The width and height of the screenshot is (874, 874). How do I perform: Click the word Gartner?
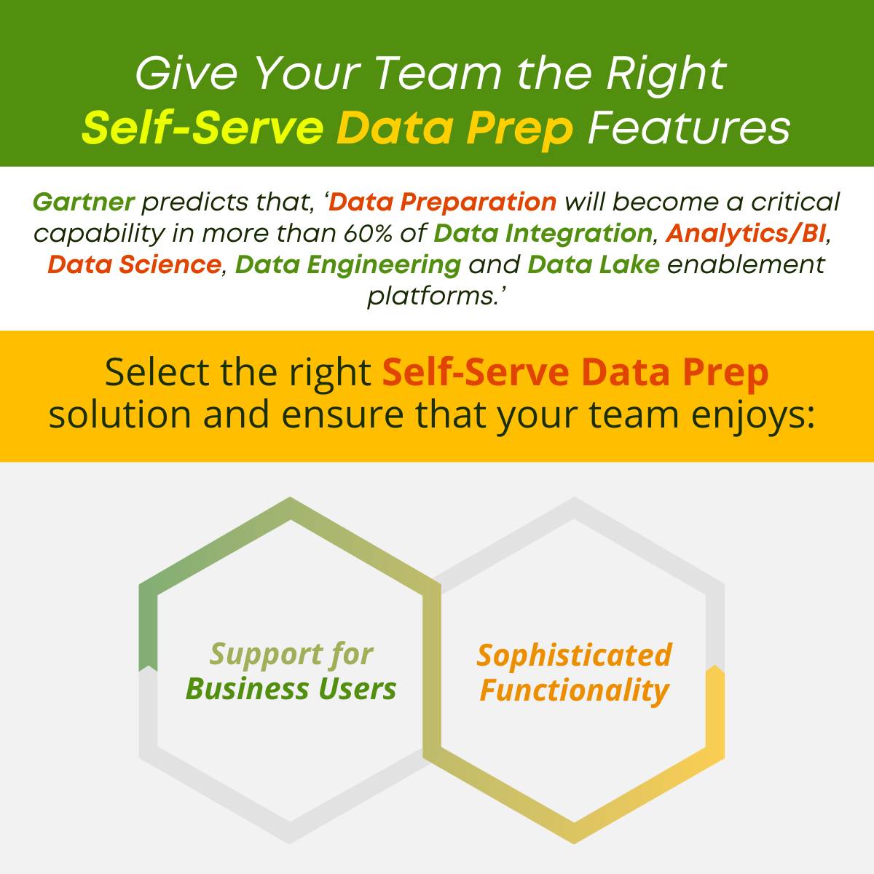tap(84, 202)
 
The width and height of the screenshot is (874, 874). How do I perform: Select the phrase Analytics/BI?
tap(746, 233)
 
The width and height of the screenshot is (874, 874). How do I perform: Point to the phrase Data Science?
tap(134, 264)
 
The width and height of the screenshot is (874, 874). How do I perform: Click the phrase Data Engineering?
tap(348, 264)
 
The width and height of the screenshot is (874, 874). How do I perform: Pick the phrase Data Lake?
tap(593, 264)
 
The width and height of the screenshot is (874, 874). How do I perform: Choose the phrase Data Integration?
tap(543, 233)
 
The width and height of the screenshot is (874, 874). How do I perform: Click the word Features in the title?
tap(689, 128)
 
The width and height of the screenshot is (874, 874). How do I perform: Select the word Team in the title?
tap(438, 74)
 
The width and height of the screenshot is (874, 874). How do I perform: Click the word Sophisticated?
tap(575, 655)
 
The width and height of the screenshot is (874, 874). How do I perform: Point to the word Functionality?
tap(575, 690)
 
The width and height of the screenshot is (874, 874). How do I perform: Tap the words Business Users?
tap(291, 688)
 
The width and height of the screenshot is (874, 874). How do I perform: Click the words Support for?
tap(291, 654)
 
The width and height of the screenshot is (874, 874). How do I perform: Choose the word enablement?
tap(746, 264)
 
